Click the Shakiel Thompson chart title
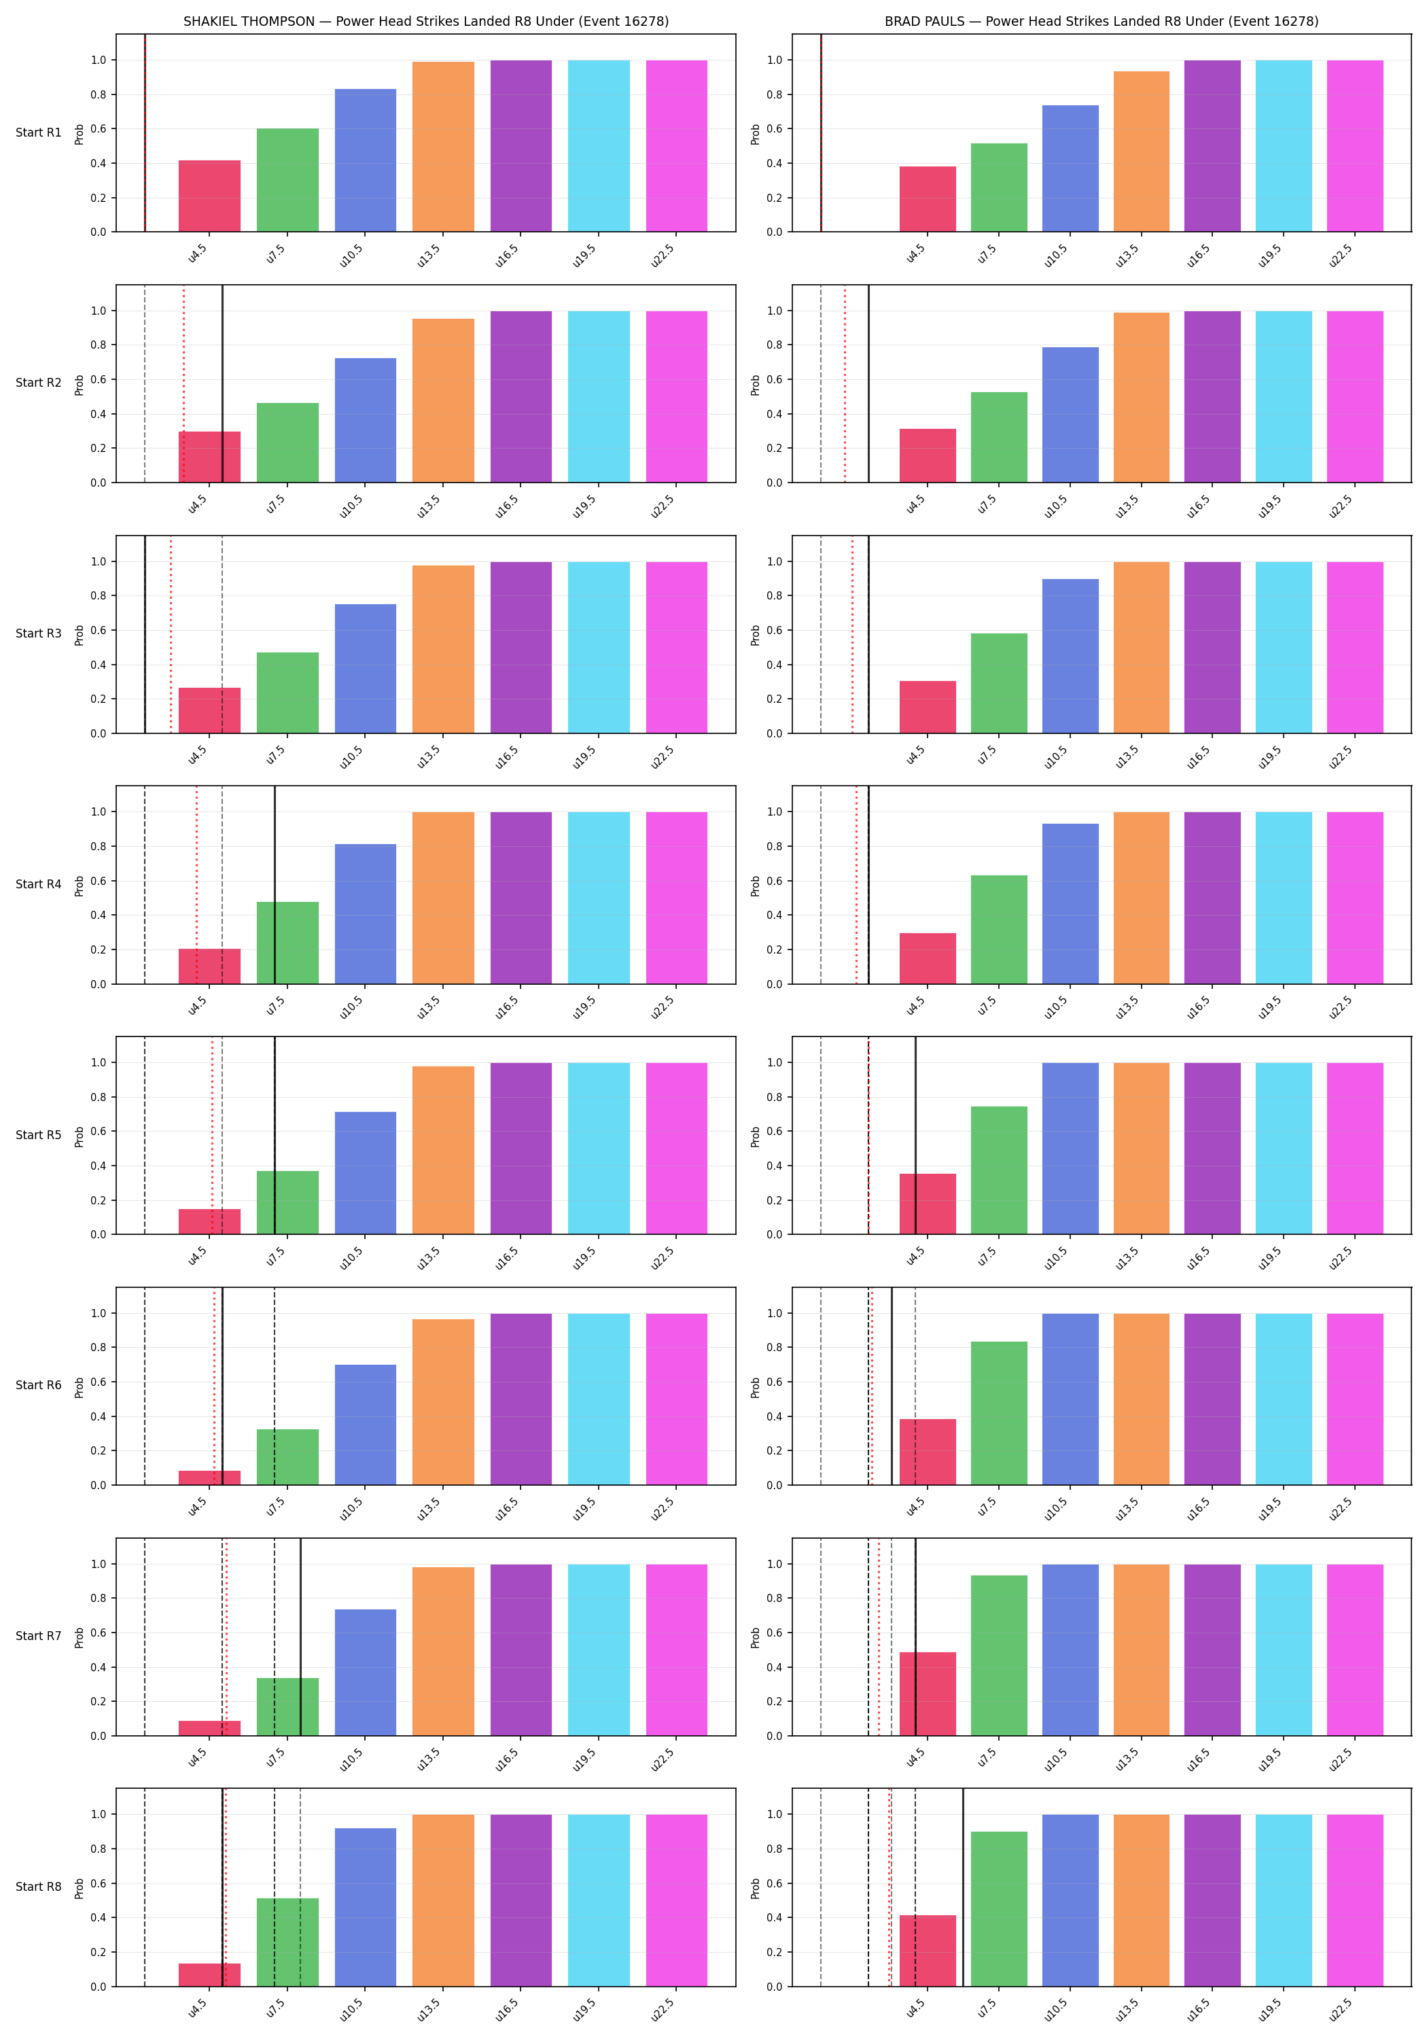(426, 21)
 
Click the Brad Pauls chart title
(1101, 21)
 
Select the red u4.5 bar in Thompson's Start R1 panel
(209, 196)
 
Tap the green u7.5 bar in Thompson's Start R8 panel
(287, 1942)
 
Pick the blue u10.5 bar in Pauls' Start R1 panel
(1070, 169)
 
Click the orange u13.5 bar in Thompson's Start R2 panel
(443, 400)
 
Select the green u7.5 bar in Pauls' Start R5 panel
(999, 1170)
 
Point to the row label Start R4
(38, 884)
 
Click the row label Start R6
(38, 1385)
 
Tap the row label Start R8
(38, 1886)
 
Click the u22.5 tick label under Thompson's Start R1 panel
(663, 255)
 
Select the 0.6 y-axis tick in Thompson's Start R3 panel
(98, 631)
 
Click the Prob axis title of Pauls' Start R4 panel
(756, 886)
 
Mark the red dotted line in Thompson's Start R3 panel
(171, 634)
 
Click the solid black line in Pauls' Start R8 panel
(963, 1887)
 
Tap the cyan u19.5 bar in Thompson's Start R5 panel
(599, 1148)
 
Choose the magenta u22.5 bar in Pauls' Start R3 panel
(1355, 648)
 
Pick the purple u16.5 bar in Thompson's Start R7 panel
(521, 1650)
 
